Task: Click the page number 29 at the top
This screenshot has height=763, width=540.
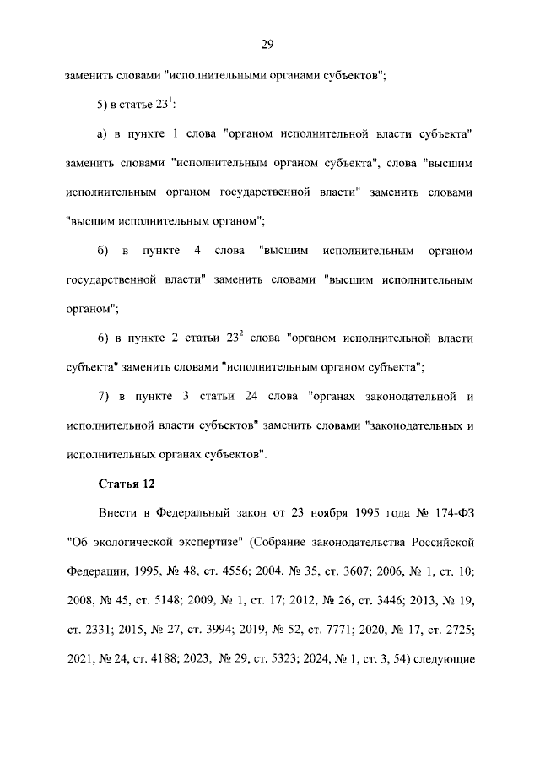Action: [x=269, y=44]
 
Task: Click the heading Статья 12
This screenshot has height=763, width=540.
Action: [x=126, y=484]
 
